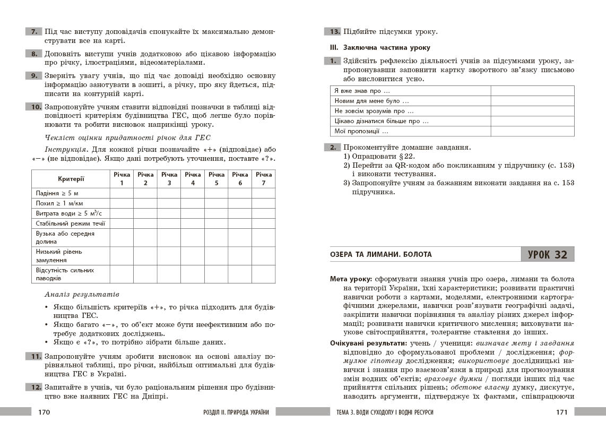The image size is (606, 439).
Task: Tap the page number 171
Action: point(561,412)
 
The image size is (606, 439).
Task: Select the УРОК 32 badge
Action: point(548,255)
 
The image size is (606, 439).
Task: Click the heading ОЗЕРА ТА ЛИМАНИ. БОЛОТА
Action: point(381,255)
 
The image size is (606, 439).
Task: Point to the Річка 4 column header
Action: point(193,178)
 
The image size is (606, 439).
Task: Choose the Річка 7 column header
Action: point(264,178)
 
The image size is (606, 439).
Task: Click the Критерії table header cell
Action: point(71,179)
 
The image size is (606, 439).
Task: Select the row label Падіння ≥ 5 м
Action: point(56,193)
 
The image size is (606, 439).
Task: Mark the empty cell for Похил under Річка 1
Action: point(122,203)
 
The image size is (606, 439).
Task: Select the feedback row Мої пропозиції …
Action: point(361,131)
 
